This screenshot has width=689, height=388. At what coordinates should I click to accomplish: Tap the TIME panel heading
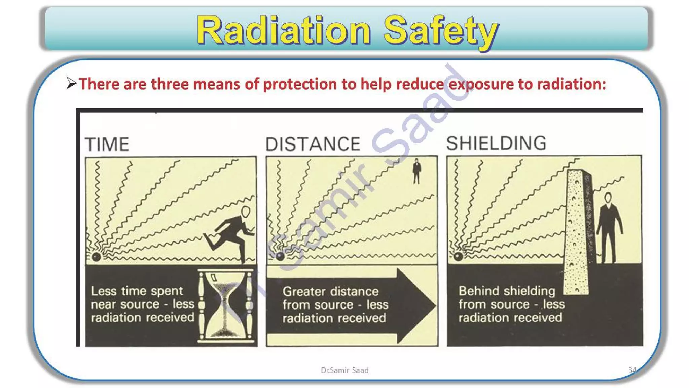(107, 144)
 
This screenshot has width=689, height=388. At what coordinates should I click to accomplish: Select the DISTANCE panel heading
(313, 144)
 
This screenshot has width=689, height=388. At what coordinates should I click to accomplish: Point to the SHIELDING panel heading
(496, 143)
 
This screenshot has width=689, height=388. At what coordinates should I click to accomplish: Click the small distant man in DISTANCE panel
(416, 171)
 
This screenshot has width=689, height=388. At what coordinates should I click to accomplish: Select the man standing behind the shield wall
(609, 227)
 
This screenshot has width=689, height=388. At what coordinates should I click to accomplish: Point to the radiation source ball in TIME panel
(97, 257)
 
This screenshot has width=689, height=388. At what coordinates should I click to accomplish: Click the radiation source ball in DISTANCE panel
(280, 256)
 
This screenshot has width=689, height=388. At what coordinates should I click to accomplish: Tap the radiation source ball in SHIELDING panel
(458, 257)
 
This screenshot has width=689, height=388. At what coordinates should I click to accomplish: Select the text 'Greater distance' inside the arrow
(330, 291)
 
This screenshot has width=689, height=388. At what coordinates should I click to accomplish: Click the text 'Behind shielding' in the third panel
(507, 291)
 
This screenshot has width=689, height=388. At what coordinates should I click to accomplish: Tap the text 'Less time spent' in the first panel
(137, 291)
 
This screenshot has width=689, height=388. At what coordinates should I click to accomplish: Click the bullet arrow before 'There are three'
(71, 83)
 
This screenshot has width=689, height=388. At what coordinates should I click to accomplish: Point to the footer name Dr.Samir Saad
(344, 370)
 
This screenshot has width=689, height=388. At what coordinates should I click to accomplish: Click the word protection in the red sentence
(299, 84)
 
